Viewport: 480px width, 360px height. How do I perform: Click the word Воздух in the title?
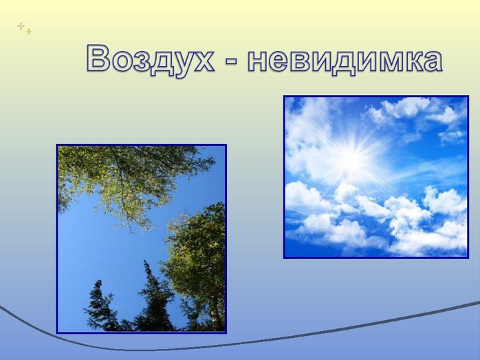[x=150, y=59]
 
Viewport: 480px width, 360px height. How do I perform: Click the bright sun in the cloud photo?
[x=353, y=156]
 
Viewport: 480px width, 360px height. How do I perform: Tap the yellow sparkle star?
[x=29, y=32]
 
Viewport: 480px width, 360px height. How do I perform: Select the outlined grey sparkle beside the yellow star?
[x=21, y=26]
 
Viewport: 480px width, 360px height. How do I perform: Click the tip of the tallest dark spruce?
[x=145, y=261]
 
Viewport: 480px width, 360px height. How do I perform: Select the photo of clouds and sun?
[x=376, y=177]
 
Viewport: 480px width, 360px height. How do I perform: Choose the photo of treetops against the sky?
[x=142, y=239]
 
